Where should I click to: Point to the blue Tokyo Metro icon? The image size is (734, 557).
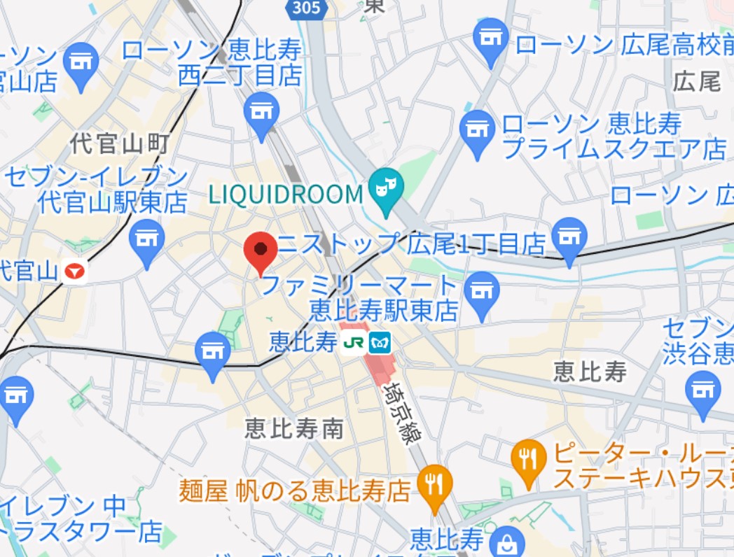click(380, 342)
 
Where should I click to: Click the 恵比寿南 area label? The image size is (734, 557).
click(294, 428)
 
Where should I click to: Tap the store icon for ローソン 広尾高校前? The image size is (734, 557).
click(492, 38)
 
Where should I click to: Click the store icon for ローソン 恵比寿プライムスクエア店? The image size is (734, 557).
click(478, 130)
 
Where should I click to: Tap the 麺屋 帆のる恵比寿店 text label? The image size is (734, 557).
click(294, 489)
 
